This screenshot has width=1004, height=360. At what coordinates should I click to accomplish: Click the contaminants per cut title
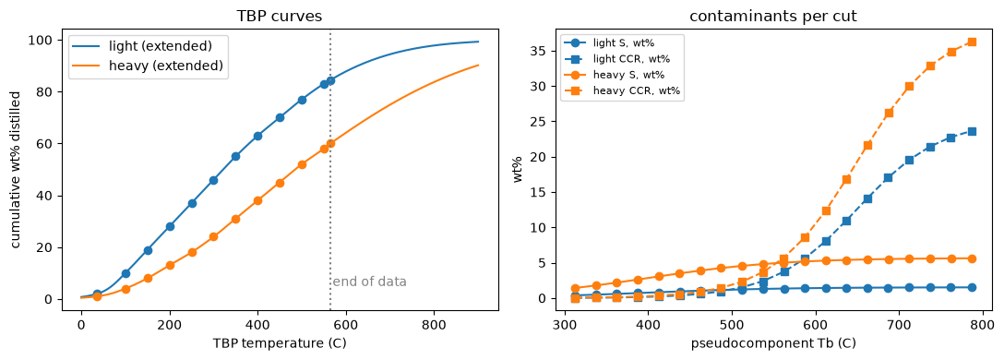(x=773, y=17)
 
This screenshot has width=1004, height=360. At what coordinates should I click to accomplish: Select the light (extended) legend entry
(x=149, y=47)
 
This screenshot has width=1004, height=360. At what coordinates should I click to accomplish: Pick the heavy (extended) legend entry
(x=149, y=66)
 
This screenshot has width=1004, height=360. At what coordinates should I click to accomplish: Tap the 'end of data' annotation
(x=369, y=282)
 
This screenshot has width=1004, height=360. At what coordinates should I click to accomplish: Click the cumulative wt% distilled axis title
(x=18, y=170)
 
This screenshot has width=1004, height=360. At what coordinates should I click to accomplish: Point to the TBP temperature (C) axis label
(x=280, y=343)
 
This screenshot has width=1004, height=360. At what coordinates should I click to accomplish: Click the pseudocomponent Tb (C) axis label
(x=773, y=343)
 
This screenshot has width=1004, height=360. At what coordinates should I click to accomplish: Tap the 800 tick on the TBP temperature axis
(x=434, y=325)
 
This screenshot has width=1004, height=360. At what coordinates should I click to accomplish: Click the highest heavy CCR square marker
(x=972, y=42)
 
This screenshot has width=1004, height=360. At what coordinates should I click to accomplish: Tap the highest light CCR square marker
(x=972, y=131)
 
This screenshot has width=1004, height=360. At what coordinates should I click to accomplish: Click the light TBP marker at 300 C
(x=214, y=180)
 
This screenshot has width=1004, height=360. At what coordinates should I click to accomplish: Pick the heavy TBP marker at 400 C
(x=258, y=200)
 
